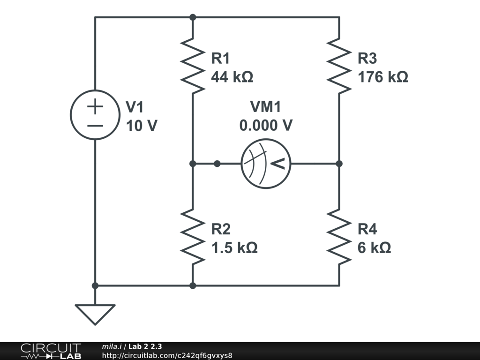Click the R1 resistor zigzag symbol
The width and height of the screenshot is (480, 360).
(x=193, y=66)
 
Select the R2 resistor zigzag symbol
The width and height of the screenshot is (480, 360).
(x=193, y=236)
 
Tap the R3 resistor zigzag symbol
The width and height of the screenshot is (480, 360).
(x=339, y=66)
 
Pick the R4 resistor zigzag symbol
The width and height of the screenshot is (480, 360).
(x=339, y=236)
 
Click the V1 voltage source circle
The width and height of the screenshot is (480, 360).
(x=95, y=114)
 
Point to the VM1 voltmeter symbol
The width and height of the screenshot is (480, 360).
(x=266, y=164)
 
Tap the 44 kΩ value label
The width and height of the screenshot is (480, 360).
(x=232, y=76)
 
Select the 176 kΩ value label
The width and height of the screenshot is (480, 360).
(x=383, y=76)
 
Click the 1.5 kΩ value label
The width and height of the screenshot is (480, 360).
(x=234, y=247)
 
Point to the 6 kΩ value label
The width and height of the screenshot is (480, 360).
(x=374, y=247)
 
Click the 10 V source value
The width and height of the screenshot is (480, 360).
(x=142, y=126)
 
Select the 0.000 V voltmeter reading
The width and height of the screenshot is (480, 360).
(x=266, y=125)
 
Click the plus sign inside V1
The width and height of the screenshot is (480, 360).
(x=95, y=107)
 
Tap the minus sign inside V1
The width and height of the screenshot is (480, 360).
(x=95, y=125)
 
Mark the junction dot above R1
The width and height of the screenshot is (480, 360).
(x=193, y=17)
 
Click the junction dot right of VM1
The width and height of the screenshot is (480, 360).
(x=339, y=164)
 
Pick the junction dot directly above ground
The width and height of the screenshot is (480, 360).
(x=95, y=285)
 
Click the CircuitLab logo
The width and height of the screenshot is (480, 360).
(x=51, y=351)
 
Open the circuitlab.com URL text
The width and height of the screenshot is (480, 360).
(x=167, y=355)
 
